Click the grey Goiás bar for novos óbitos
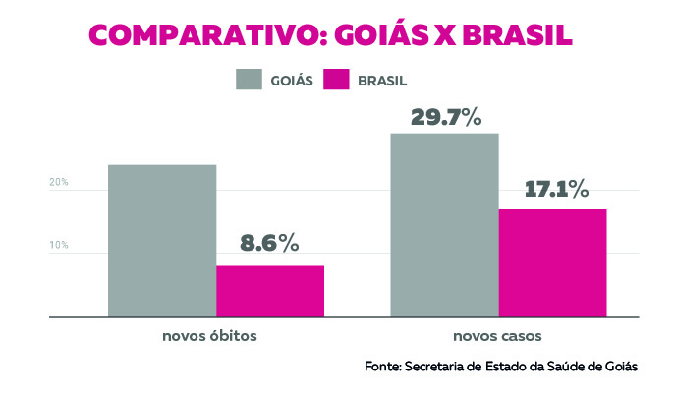162,241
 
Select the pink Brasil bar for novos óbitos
270,291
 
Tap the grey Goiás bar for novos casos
445,225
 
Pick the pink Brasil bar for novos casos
552,262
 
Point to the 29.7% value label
445,117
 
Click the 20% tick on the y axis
59,183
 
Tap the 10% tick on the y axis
59,245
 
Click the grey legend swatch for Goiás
250,80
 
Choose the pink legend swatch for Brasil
337,80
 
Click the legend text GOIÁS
292,81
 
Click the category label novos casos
499,336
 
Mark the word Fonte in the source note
381,367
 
